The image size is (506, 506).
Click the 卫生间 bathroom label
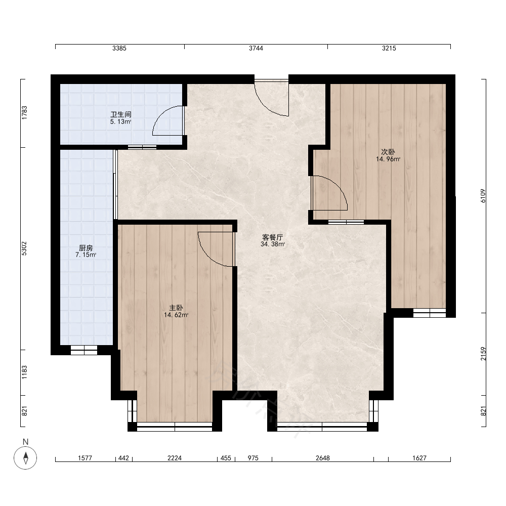click(x=121, y=114)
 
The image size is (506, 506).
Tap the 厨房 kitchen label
click(x=86, y=248)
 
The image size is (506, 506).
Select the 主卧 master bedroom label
click(x=176, y=308)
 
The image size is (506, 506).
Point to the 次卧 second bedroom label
click(x=388, y=152)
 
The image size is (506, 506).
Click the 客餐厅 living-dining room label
click(x=272, y=237)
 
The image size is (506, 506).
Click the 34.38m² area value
click(x=273, y=244)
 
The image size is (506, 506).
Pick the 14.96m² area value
click(x=388, y=159)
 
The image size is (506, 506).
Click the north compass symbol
click(x=25, y=457)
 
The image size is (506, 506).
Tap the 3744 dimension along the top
click(x=256, y=48)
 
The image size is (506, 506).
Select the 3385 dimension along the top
click(x=119, y=48)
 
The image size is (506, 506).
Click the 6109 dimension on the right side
click(x=483, y=196)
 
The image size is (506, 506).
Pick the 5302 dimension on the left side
click(x=24, y=248)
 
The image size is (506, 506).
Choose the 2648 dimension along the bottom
click(x=323, y=458)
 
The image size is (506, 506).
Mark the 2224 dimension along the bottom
click(x=175, y=458)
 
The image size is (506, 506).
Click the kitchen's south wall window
click(x=84, y=350)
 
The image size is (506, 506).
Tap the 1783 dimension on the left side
click(x=24, y=113)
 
